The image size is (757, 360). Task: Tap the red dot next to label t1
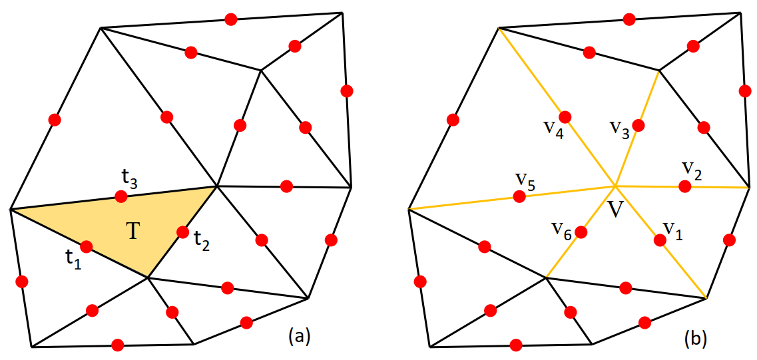(x=87, y=247)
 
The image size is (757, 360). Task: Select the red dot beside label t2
(x=182, y=232)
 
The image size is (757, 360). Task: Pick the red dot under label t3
(x=121, y=196)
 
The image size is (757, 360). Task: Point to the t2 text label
(x=202, y=240)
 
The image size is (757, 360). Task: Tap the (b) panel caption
(x=696, y=338)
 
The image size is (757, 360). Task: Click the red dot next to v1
(x=659, y=240)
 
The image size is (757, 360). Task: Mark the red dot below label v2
(x=684, y=186)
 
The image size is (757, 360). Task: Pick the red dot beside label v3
(x=638, y=124)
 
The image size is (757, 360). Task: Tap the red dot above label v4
(x=565, y=117)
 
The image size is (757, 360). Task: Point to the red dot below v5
(x=519, y=196)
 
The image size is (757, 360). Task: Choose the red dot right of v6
(x=581, y=232)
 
